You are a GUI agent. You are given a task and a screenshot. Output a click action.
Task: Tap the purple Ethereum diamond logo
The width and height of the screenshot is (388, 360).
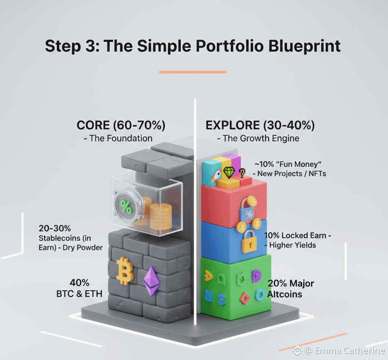point(151,281)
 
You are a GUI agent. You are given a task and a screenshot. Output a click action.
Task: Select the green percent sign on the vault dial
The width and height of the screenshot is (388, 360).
point(126,207)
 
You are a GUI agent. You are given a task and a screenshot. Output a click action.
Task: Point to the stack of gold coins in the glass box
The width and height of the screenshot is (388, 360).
point(161,216)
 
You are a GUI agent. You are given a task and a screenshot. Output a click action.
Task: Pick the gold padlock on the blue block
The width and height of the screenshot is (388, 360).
point(248,242)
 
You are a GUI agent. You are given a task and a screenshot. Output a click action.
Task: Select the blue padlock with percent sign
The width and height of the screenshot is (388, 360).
point(248,213)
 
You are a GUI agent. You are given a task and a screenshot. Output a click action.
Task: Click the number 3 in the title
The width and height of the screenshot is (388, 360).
point(88,47)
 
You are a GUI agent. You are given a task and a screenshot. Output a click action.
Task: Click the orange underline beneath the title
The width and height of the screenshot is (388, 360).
point(192,72)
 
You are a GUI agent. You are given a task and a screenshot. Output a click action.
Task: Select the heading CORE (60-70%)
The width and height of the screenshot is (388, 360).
point(121,125)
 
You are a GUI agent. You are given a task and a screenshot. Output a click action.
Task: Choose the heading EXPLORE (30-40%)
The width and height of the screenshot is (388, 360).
point(260,125)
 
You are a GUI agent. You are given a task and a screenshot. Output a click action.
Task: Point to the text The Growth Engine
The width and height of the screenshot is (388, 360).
point(261,138)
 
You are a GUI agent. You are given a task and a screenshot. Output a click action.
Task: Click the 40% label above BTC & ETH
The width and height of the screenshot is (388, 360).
point(79,283)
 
